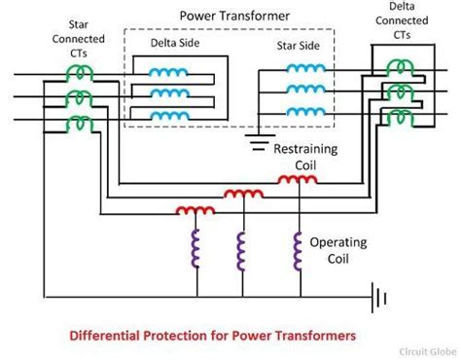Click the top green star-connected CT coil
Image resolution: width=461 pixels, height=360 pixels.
80,74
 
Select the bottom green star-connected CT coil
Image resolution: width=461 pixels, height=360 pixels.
80,124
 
